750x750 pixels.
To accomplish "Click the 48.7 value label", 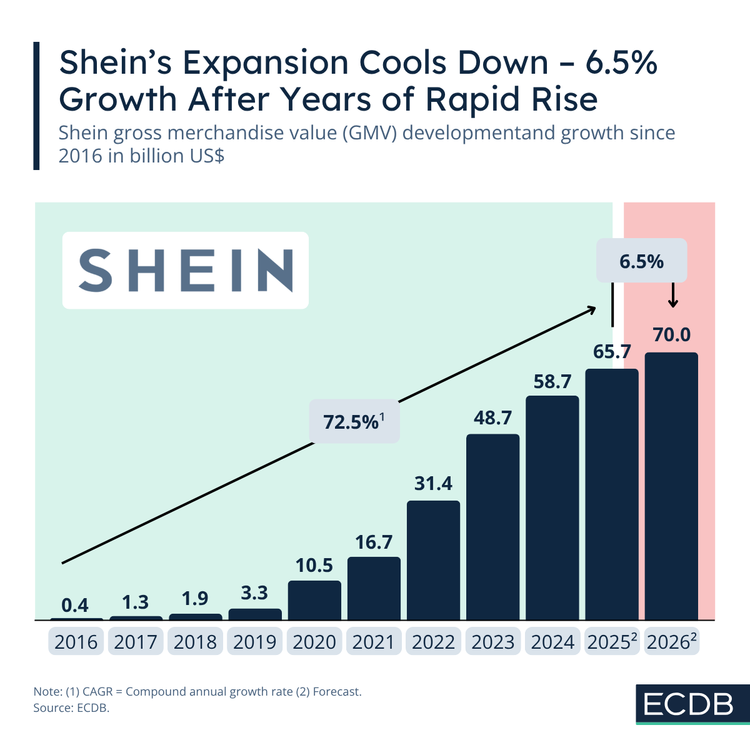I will click(492, 417).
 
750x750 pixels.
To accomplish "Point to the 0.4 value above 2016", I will click(75, 605).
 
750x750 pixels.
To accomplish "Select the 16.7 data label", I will click(374, 542).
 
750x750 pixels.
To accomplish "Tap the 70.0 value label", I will click(672, 335).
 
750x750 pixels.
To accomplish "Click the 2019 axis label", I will click(254, 642).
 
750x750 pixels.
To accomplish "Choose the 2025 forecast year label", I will click(611, 642).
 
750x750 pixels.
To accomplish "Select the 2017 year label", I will click(135, 642).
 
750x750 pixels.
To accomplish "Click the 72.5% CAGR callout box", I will click(354, 422).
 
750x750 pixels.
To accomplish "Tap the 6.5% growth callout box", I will click(641, 261).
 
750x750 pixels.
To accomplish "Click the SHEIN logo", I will click(186, 270).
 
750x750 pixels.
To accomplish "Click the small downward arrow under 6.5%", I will click(672, 296).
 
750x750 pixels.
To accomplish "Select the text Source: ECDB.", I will click(71, 708).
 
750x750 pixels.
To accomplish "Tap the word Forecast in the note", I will click(337, 692).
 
